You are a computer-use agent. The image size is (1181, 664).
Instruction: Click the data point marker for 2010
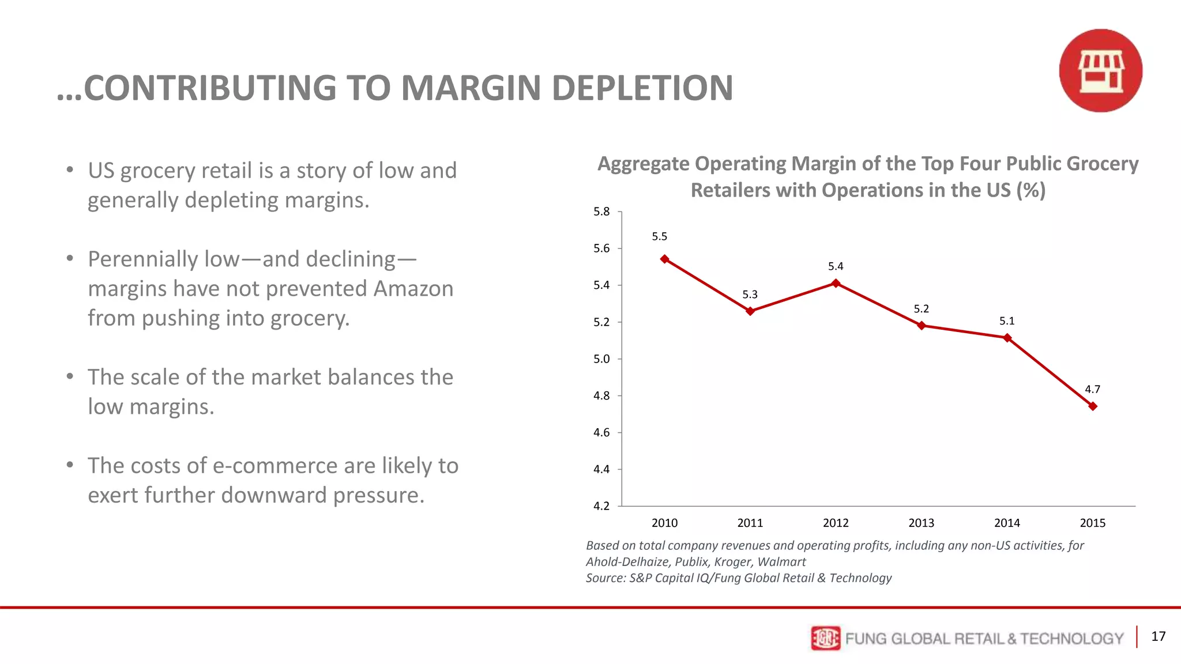[x=664, y=259]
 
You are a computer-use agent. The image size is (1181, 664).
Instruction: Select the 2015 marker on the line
[x=1093, y=406]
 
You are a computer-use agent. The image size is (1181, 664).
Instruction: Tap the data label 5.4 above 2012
[x=836, y=266]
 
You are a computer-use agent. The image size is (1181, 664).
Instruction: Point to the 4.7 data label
[x=1092, y=390]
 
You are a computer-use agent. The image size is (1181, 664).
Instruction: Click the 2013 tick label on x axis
[x=921, y=523]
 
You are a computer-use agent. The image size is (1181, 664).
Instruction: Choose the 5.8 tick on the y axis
[x=601, y=212]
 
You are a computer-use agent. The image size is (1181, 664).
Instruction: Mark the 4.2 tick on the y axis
[x=601, y=506]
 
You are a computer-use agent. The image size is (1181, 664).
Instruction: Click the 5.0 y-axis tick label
[x=601, y=359]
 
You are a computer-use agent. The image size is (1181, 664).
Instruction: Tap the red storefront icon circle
[x=1100, y=71]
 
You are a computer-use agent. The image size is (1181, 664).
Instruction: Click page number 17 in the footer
[x=1158, y=636]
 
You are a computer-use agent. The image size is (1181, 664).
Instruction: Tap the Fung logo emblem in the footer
[x=825, y=638]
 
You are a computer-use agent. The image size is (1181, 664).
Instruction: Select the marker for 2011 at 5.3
[x=750, y=311]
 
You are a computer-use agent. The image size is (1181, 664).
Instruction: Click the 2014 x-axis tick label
[x=1007, y=523]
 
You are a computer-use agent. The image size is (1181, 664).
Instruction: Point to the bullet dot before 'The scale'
[x=70, y=377]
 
